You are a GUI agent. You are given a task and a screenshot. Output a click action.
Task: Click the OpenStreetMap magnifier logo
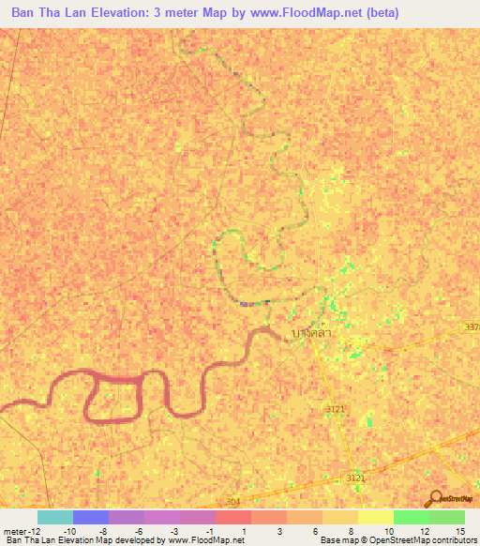coord(434,499)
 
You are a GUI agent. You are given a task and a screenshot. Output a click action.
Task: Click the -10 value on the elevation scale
coord(70,532)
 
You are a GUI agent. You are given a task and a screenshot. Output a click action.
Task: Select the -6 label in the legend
coord(138,532)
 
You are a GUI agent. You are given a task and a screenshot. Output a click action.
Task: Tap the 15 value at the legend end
coord(459,532)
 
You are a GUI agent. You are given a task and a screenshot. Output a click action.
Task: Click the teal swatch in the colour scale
coord(54,517)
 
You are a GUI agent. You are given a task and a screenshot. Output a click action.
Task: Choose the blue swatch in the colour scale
coord(91,517)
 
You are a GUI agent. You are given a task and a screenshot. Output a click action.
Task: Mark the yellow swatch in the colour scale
coord(375,517)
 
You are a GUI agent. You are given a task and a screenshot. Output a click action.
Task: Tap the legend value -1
coord(209,532)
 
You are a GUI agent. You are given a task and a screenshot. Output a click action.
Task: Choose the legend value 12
coord(424,532)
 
